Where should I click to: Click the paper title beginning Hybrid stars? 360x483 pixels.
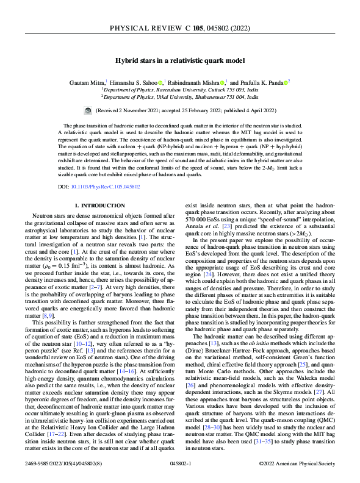180,60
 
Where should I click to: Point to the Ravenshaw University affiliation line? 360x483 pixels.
180,89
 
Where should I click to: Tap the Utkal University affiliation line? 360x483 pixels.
180,96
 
